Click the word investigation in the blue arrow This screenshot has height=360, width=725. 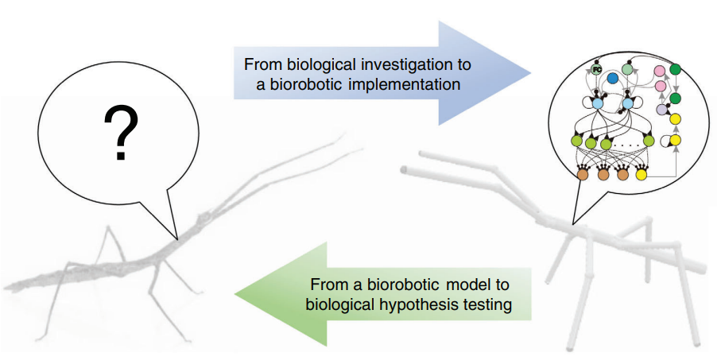coord(394,62)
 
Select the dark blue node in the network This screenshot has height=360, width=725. coord(613,78)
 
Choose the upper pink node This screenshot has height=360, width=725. coord(659,72)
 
